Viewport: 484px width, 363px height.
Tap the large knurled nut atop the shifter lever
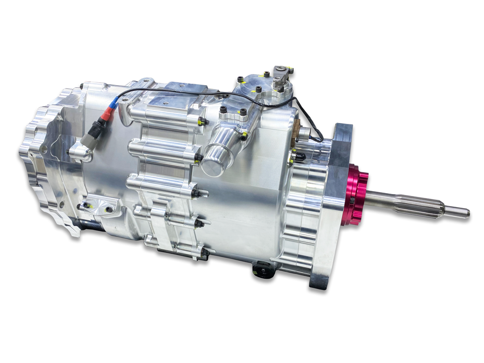pos(280,87)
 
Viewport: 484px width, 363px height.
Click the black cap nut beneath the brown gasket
pos(298,156)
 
